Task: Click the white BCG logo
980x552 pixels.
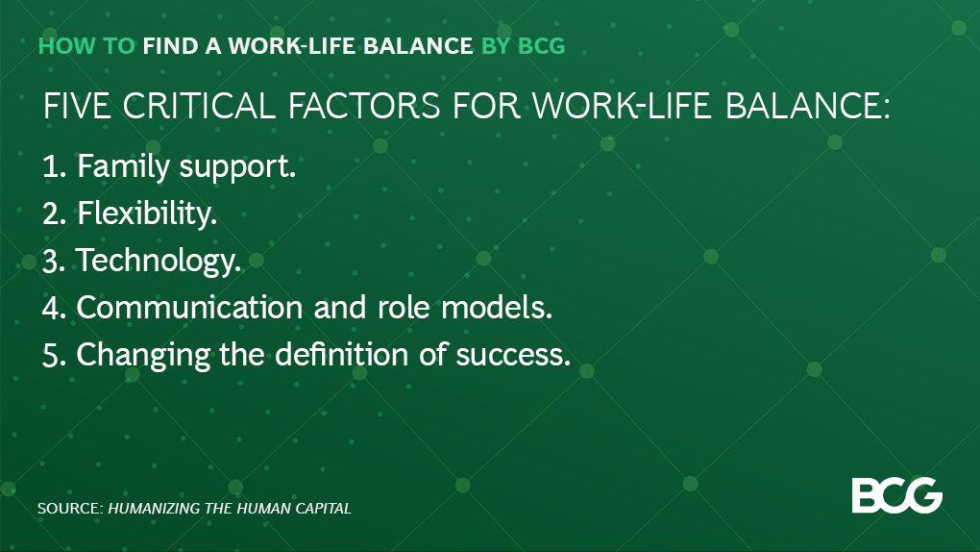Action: click(896, 494)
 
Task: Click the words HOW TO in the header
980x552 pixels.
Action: click(86, 45)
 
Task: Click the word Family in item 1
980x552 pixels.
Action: click(117, 167)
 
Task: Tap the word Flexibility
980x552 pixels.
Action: click(146, 214)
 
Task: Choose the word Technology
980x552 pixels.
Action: click(159, 262)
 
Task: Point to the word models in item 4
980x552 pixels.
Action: click(502, 308)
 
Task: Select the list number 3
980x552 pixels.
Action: click(53, 261)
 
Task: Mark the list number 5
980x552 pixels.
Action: click(53, 355)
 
